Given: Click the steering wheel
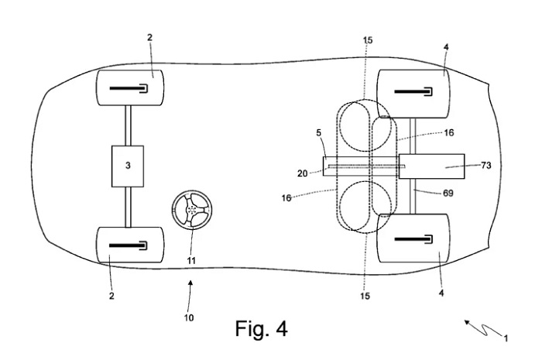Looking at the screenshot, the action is click(192, 209).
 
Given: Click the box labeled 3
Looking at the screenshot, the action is click(128, 166).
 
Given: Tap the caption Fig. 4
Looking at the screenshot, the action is click(262, 328).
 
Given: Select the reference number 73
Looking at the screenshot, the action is click(485, 166).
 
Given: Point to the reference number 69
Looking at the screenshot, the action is click(448, 193).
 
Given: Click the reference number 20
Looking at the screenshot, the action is click(302, 173).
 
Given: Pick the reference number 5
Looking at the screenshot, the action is click(318, 132).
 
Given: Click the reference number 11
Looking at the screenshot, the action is click(191, 260).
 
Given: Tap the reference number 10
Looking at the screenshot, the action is click(189, 317).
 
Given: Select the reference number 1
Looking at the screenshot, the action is click(506, 338).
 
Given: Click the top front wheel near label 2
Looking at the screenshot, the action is click(130, 87).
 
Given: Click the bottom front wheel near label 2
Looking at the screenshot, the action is click(130, 245).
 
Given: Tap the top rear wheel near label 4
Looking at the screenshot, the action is click(413, 94).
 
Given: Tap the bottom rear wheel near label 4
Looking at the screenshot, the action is click(413, 238).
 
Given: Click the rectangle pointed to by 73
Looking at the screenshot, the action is click(432, 166).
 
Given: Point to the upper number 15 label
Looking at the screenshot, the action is click(368, 40).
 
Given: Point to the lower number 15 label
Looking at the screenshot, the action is click(365, 296).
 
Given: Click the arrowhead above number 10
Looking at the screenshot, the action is click(190, 283).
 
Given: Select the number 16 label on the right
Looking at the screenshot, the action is click(448, 132).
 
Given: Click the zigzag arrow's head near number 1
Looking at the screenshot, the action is click(467, 322).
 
